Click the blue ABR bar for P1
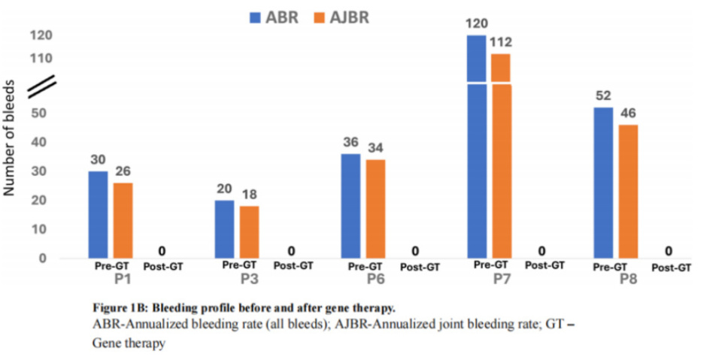pos(98,214)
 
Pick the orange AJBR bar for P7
pos(500,158)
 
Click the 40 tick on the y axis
pos(43,142)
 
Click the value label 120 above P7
pos(476,22)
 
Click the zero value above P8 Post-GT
pos(668,251)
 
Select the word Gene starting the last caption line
pos(108,342)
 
